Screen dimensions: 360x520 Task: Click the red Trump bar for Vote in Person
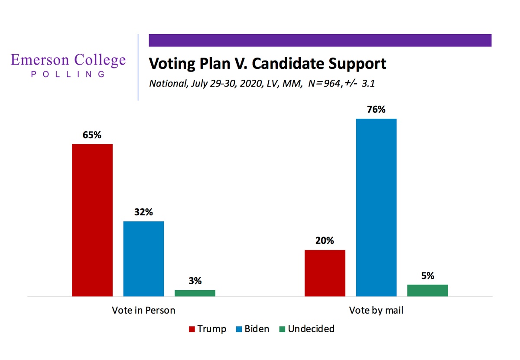(92, 220)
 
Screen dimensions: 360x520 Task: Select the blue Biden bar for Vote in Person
(143, 259)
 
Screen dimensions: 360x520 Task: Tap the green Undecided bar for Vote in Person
(195, 293)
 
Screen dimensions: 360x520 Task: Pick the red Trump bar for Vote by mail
(325, 273)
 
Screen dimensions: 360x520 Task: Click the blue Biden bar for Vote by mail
(376, 208)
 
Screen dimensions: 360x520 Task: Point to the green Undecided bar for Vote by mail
(428, 290)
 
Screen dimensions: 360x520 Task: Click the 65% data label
(92, 135)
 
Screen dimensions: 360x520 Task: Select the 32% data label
(143, 213)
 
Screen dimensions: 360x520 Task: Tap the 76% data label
(376, 110)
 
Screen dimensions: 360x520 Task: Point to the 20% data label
(325, 241)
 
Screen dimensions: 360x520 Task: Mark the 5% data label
(428, 276)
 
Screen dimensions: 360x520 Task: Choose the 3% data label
(195, 281)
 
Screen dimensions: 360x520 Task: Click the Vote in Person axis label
(143, 311)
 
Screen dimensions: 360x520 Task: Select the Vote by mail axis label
(376, 311)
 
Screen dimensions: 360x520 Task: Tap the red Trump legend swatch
(192, 329)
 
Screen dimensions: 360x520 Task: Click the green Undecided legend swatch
(282, 329)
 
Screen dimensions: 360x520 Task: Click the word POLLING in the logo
(68, 74)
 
